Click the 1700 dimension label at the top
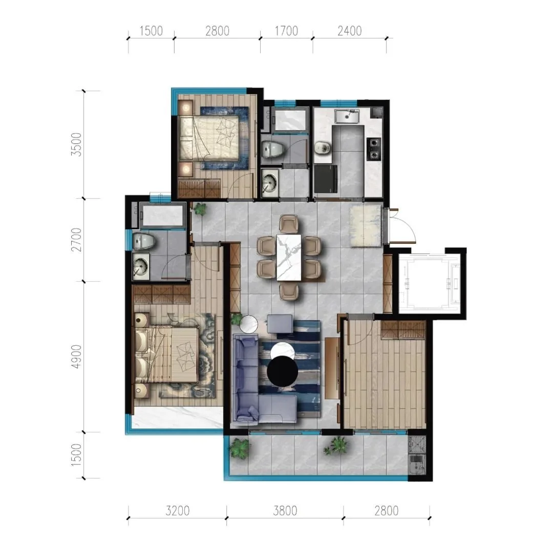pyautogui.click(x=286, y=31)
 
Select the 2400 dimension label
pyautogui.click(x=350, y=31)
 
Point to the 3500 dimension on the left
pyautogui.click(x=76, y=144)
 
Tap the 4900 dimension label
pyautogui.click(x=76, y=356)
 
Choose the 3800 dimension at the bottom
pyautogui.click(x=285, y=511)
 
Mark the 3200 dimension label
pyautogui.click(x=177, y=511)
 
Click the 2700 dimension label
pyautogui.click(x=76, y=240)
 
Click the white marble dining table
pyautogui.click(x=289, y=257)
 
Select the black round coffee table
pyautogui.click(x=283, y=371)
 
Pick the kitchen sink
pyautogui.click(x=347, y=116)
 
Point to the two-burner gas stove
pyautogui.click(x=374, y=149)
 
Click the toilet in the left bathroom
pyautogui.click(x=144, y=241)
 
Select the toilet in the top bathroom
pyautogui.click(x=273, y=150)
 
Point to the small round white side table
pyautogui.click(x=249, y=324)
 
